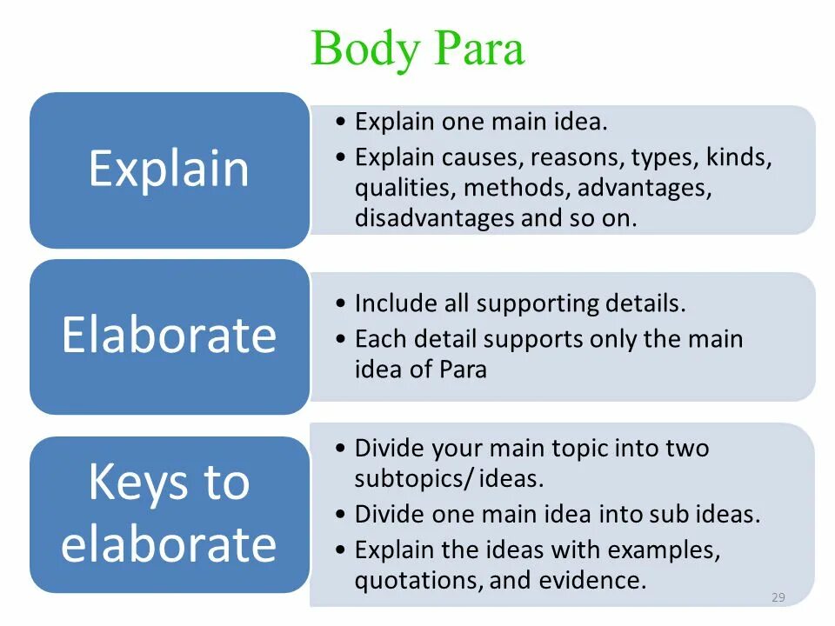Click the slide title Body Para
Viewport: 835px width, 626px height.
tap(417, 49)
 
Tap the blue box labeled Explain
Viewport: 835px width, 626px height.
tap(169, 170)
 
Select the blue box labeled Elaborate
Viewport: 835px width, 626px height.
tap(169, 336)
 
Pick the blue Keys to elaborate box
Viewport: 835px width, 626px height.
tap(169, 514)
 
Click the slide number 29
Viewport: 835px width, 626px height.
tap(778, 597)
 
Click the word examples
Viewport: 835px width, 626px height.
tap(664, 550)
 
